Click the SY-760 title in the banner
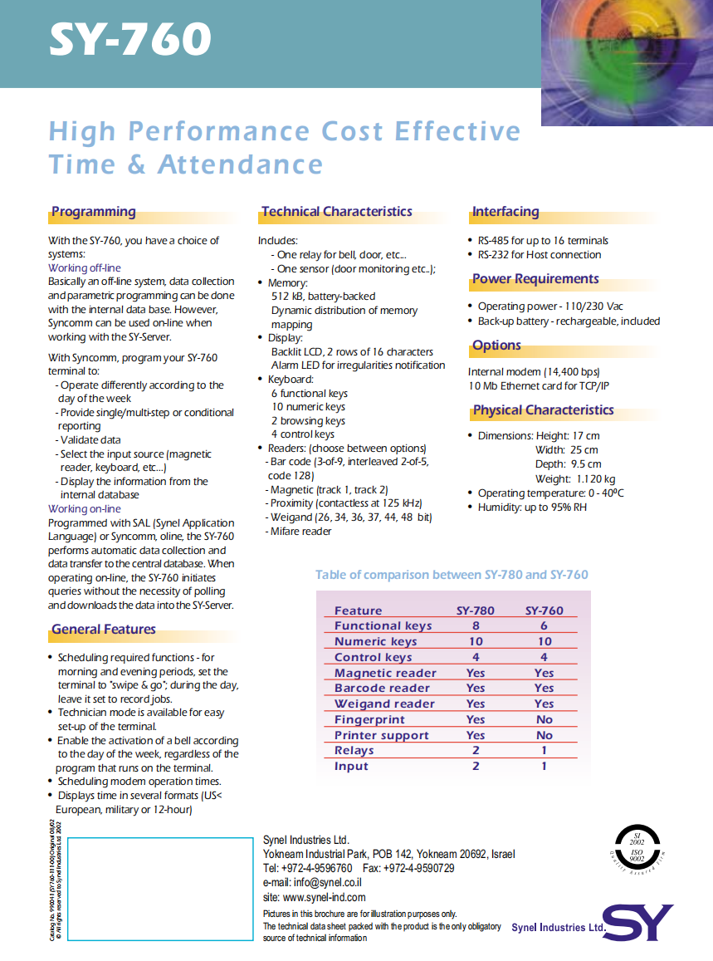pos(129,40)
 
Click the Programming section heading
pos(93,212)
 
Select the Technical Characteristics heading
pos(337,212)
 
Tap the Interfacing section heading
pos(505,212)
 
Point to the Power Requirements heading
pos(535,279)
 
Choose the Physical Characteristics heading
pos(543,410)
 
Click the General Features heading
pos(103,630)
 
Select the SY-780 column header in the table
pos(476,610)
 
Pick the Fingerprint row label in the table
pos(369,719)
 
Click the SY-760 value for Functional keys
pos(545,626)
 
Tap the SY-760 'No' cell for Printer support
pos(545,735)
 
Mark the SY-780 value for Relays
pos(476,751)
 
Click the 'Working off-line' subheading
pos(85,268)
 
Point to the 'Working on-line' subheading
pos(85,509)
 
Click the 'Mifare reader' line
pos(300,532)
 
